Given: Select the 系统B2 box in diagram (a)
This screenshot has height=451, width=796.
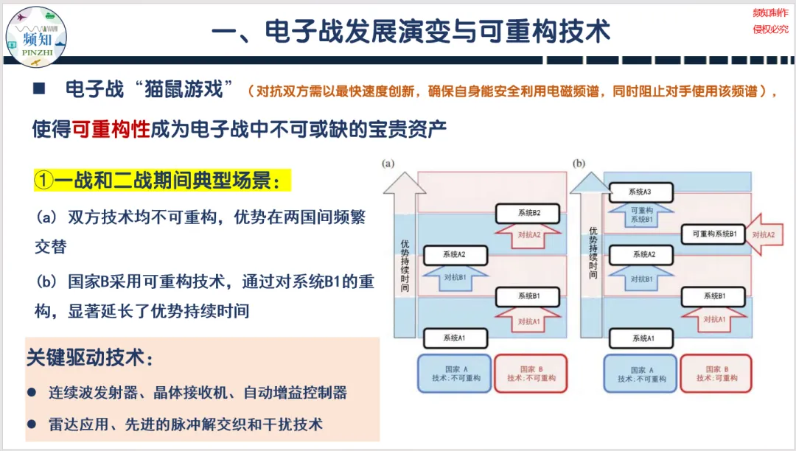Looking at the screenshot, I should (528, 214).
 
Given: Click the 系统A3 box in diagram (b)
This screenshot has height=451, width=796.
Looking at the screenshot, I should (640, 192).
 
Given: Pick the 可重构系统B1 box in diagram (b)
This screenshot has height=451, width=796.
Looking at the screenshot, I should (713, 234).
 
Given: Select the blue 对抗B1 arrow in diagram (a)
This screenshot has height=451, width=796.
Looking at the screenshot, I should (455, 277).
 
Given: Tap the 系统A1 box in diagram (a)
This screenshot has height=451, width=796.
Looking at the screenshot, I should (455, 338).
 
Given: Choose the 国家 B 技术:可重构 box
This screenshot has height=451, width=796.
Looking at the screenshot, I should (716, 373).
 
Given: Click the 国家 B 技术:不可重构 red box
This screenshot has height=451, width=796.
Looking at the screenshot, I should (531, 373).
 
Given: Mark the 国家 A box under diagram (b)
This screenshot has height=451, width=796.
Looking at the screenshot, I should (640, 373).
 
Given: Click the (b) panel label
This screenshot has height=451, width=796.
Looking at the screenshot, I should (579, 164).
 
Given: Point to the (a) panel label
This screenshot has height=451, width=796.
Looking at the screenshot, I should (387, 164).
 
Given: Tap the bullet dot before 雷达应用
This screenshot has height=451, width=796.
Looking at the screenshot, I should (32, 424).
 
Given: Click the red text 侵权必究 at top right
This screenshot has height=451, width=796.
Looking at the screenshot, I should (770, 29).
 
